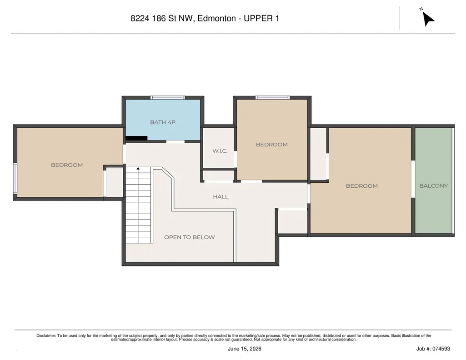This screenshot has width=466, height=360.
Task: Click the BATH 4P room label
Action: tap(163, 122)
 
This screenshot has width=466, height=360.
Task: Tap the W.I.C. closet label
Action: tap(220, 151)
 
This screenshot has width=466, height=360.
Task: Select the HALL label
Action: tap(220, 196)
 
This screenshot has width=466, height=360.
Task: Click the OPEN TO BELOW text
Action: tap(189, 237)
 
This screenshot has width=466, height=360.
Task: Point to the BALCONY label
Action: tap(433, 185)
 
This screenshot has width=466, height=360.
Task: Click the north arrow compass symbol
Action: tap(428, 19)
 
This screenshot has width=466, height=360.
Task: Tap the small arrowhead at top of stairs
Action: tap(138, 169)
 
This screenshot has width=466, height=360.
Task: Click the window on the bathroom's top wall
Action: tap(168, 97)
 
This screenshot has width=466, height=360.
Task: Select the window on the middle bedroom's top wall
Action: tap(272, 97)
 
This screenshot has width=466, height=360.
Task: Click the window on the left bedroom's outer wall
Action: tap(15, 178)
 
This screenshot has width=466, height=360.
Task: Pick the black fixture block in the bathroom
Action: tap(136, 138)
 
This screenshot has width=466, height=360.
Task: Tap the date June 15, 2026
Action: tap(245, 349)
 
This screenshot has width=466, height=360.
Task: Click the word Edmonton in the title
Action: tap(217, 19)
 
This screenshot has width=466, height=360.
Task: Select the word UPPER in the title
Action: tap(258, 19)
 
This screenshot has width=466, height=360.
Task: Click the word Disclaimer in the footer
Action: tap(46, 335)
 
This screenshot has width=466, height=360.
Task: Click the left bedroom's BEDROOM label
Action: tap(67, 165)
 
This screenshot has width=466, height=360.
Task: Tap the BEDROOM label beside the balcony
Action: tap(362, 185)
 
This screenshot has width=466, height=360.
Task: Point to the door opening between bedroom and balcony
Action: tap(413, 179)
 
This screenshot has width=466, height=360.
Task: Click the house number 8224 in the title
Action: tap(140, 19)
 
